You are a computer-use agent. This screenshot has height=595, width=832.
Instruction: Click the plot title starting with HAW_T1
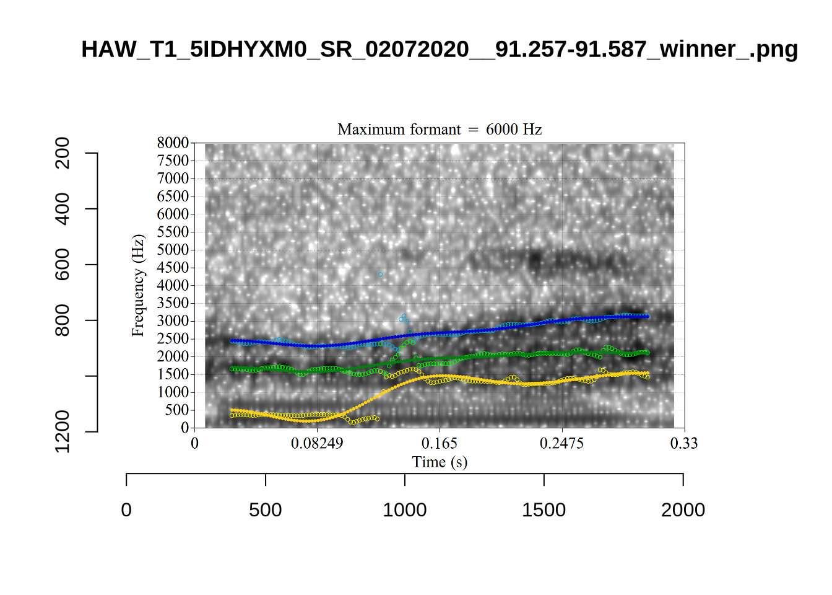[440, 49]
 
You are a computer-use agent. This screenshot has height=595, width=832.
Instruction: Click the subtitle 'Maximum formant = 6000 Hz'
[440, 130]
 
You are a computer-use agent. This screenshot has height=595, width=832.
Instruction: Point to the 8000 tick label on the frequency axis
[173, 143]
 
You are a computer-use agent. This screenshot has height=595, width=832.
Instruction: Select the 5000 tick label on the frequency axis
[173, 250]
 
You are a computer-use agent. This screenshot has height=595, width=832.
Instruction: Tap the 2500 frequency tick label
[173, 339]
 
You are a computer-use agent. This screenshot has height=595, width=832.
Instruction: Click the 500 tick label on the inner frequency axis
[176, 410]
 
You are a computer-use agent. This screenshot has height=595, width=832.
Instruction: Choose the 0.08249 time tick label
[317, 444]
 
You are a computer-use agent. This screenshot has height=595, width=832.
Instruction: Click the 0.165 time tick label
[440, 444]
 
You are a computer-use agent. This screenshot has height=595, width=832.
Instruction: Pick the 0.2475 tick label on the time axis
[561, 444]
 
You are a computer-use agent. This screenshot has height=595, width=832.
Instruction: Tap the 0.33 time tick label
[684, 444]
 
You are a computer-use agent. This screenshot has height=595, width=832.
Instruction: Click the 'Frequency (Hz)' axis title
[137, 286]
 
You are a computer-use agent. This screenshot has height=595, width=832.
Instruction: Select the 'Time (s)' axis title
[440, 462]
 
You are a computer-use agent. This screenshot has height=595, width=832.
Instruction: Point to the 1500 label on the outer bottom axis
[544, 510]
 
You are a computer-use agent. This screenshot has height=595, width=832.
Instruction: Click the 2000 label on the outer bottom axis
[683, 510]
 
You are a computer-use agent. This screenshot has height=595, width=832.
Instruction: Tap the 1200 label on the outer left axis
[63, 431]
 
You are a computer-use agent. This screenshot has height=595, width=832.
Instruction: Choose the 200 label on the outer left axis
[63, 153]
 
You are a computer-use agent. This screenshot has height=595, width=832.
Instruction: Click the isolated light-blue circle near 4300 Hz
[380, 274]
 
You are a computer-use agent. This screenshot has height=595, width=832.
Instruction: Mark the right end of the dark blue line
[647, 316]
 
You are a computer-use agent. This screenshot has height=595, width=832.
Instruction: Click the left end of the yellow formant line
[232, 410]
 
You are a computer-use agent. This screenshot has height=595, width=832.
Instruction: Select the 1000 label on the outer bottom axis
[404, 510]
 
